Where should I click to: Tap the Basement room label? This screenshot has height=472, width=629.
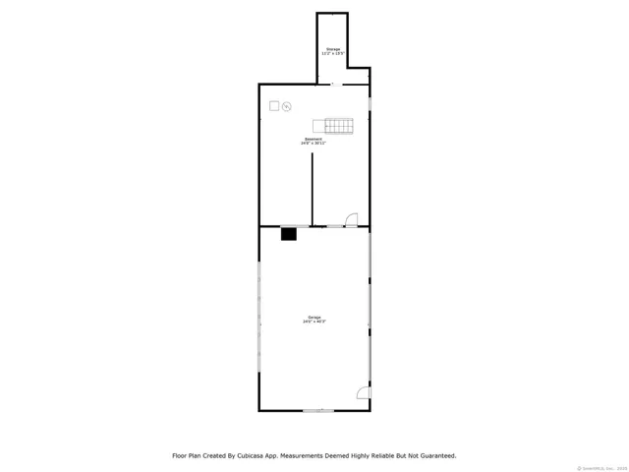[314, 139]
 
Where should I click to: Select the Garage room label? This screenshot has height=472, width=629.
[314, 317]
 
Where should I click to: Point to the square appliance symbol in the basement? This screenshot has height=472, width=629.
[274, 105]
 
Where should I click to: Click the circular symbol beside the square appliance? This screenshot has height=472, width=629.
[287, 107]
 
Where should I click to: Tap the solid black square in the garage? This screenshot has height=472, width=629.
[289, 234]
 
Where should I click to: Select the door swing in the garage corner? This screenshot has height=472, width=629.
[362, 393]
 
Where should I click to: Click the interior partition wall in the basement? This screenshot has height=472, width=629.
[313, 189]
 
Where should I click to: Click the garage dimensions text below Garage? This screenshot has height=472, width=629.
[314, 322]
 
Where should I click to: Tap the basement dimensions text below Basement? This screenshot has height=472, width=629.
[314, 144]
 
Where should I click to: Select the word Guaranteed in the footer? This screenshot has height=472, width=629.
[433, 455]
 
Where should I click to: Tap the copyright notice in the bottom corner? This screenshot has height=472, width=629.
[601, 466]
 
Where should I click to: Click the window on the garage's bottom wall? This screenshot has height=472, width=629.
[316, 410]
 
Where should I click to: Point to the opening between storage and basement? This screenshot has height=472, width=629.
[333, 84]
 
